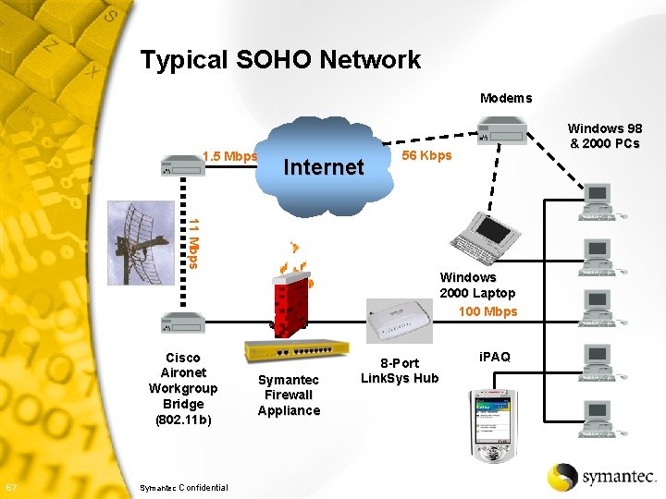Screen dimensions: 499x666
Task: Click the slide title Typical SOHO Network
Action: (280, 60)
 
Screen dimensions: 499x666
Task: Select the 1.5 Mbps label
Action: (228, 155)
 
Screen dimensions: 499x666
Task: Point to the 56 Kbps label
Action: (426, 155)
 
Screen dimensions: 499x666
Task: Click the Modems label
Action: (505, 98)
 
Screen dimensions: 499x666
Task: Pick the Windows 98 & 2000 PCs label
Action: (604, 136)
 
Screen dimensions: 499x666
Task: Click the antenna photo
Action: (141, 242)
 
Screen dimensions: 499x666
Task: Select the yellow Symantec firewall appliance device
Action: (297, 352)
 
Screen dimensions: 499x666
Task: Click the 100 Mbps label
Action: (487, 311)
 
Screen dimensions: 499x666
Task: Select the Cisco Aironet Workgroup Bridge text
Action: (183, 388)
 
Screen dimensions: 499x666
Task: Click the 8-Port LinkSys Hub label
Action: (400, 371)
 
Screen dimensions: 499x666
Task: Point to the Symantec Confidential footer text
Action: (182, 487)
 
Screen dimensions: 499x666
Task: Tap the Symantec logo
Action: (602, 476)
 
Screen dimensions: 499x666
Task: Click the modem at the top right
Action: (501, 133)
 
